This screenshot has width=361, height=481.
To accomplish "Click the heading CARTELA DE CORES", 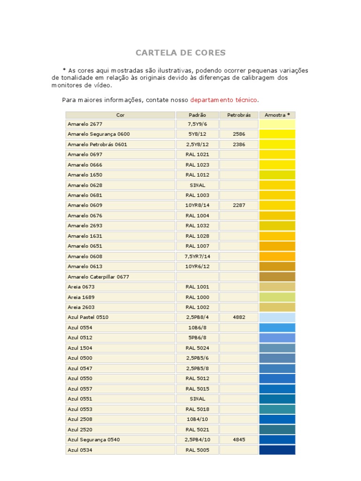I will pos(180,53).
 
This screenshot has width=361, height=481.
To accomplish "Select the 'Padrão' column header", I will pos(197,115).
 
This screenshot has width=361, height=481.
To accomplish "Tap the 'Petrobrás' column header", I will pos(239,115).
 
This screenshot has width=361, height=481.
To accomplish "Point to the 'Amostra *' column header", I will pos(277,115).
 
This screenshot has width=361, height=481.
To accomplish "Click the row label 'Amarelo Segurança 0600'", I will pos(99,134).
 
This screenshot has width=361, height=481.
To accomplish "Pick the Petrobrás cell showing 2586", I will pos(239,134).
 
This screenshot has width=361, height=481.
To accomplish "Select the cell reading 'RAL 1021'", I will pos(197,155).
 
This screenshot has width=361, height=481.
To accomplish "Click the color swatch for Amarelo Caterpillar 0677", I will pos(277,277).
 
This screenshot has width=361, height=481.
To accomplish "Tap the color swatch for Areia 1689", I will pos(277,297).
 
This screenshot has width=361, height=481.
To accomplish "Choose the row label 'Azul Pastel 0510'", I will pos(88,317).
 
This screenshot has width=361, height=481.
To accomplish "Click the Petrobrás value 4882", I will pos(239,317).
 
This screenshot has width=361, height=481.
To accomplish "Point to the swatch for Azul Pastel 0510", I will pos(277,317).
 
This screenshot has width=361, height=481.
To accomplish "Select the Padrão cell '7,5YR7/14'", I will pos(197,256).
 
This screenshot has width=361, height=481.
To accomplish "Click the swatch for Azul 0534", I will pos(277,450).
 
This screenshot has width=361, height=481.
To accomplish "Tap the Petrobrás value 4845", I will pos(239,440).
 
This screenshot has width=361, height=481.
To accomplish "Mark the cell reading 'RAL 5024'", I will pos(197,348).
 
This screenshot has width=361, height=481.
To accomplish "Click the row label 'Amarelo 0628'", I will pos(85,185).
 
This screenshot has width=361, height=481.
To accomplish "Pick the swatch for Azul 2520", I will pos(277,429).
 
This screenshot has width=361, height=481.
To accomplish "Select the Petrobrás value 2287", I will pos(239,205).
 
